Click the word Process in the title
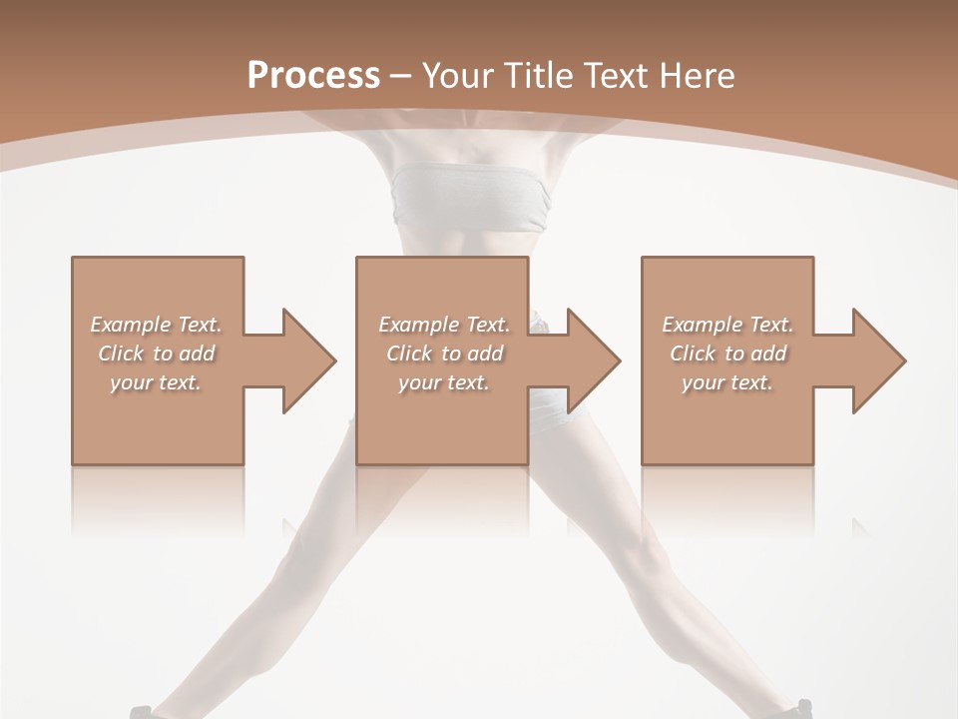click(313, 76)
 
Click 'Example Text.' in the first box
click(156, 325)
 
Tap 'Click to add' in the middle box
click(444, 354)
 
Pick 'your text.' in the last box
click(727, 382)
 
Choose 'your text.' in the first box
click(156, 382)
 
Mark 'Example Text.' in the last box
click(727, 325)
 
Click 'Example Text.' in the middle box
click(444, 325)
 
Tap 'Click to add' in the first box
click(156, 354)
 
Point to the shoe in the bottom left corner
click(142, 711)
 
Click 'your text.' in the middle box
click(444, 382)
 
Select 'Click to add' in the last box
click(727, 354)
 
